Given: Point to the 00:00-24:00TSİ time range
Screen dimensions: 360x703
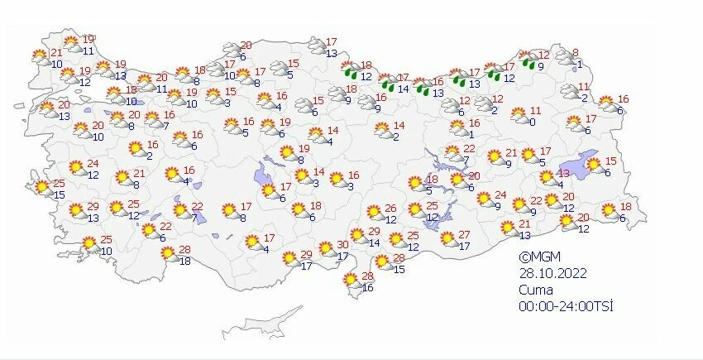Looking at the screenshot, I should click(x=565, y=306).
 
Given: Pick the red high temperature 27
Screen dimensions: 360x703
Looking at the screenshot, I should click(x=464, y=235).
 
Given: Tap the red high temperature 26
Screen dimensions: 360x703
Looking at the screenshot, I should click(x=391, y=209).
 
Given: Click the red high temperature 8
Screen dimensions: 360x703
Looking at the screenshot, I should click(x=576, y=52).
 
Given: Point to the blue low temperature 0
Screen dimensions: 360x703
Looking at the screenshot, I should click(x=533, y=122).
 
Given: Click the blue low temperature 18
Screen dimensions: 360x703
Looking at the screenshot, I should click(x=185, y=261).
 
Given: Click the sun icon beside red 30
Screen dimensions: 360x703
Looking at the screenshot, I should click(x=325, y=251).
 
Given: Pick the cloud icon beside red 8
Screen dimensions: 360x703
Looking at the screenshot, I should click(x=565, y=57).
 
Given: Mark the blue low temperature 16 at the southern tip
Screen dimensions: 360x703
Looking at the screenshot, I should click(x=368, y=288).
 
